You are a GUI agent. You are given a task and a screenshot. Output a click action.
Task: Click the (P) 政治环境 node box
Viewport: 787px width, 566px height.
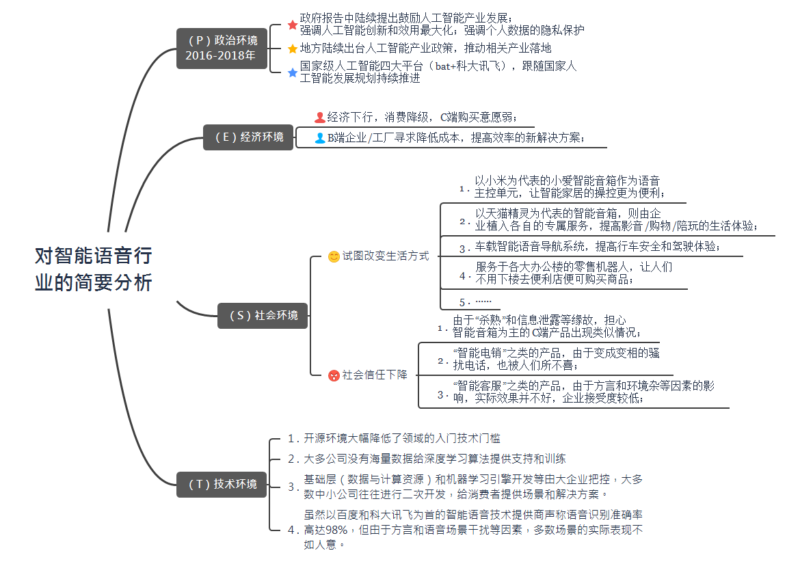pos(222,48)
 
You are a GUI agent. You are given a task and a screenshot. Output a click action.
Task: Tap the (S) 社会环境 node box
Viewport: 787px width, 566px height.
pos(263,315)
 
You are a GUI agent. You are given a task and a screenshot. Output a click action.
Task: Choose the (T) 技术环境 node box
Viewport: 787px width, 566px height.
pos(222,484)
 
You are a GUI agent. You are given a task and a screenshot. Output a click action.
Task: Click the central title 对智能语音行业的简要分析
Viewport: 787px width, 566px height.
pos(94,269)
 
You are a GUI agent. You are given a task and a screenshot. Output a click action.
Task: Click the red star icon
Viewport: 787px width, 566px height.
pos(293,25)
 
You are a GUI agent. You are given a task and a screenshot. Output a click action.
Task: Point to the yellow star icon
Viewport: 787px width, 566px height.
pos(293,49)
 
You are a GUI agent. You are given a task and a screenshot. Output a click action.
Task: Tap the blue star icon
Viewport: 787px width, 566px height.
pos(293,72)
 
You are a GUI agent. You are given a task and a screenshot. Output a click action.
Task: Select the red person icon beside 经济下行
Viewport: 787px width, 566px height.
pos(319,117)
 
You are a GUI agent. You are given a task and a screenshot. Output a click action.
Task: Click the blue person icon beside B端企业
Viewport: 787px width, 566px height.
pos(319,138)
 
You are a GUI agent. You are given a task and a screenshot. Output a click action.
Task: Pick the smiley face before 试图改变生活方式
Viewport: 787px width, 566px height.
pos(334,257)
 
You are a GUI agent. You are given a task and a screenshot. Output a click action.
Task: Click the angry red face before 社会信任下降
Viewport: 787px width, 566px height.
pos(334,375)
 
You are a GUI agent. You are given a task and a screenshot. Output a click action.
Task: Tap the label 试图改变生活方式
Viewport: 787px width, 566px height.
pos(386,256)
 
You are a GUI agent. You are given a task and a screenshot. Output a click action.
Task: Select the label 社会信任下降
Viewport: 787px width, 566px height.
pos(375,375)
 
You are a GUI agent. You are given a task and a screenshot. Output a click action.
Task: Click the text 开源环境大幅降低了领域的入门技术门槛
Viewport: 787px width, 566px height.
pos(402,438)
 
